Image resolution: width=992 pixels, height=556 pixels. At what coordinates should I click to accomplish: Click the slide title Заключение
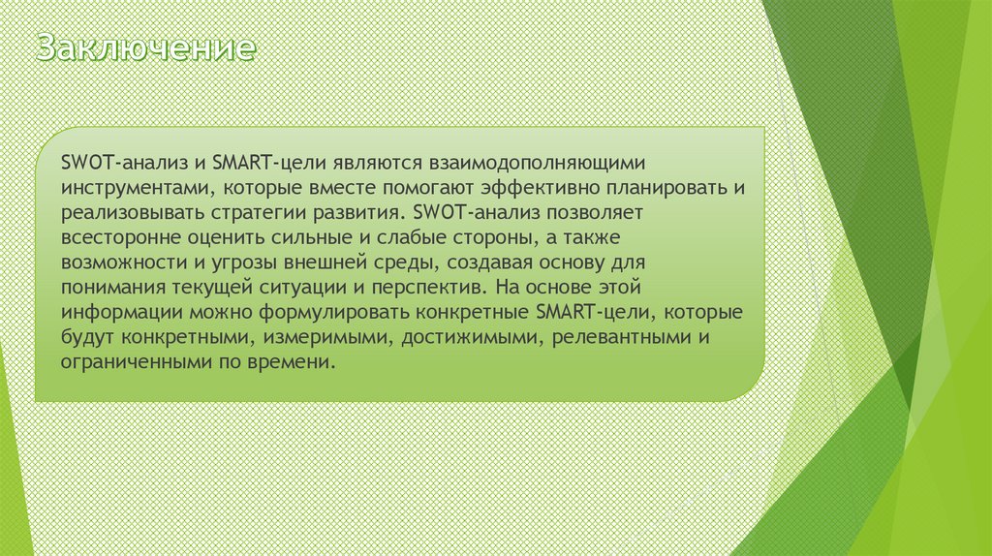click(146, 48)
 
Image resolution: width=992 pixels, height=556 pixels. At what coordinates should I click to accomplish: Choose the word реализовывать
click(123, 210)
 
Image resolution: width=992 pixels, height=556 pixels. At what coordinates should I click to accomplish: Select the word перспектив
click(441, 288)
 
